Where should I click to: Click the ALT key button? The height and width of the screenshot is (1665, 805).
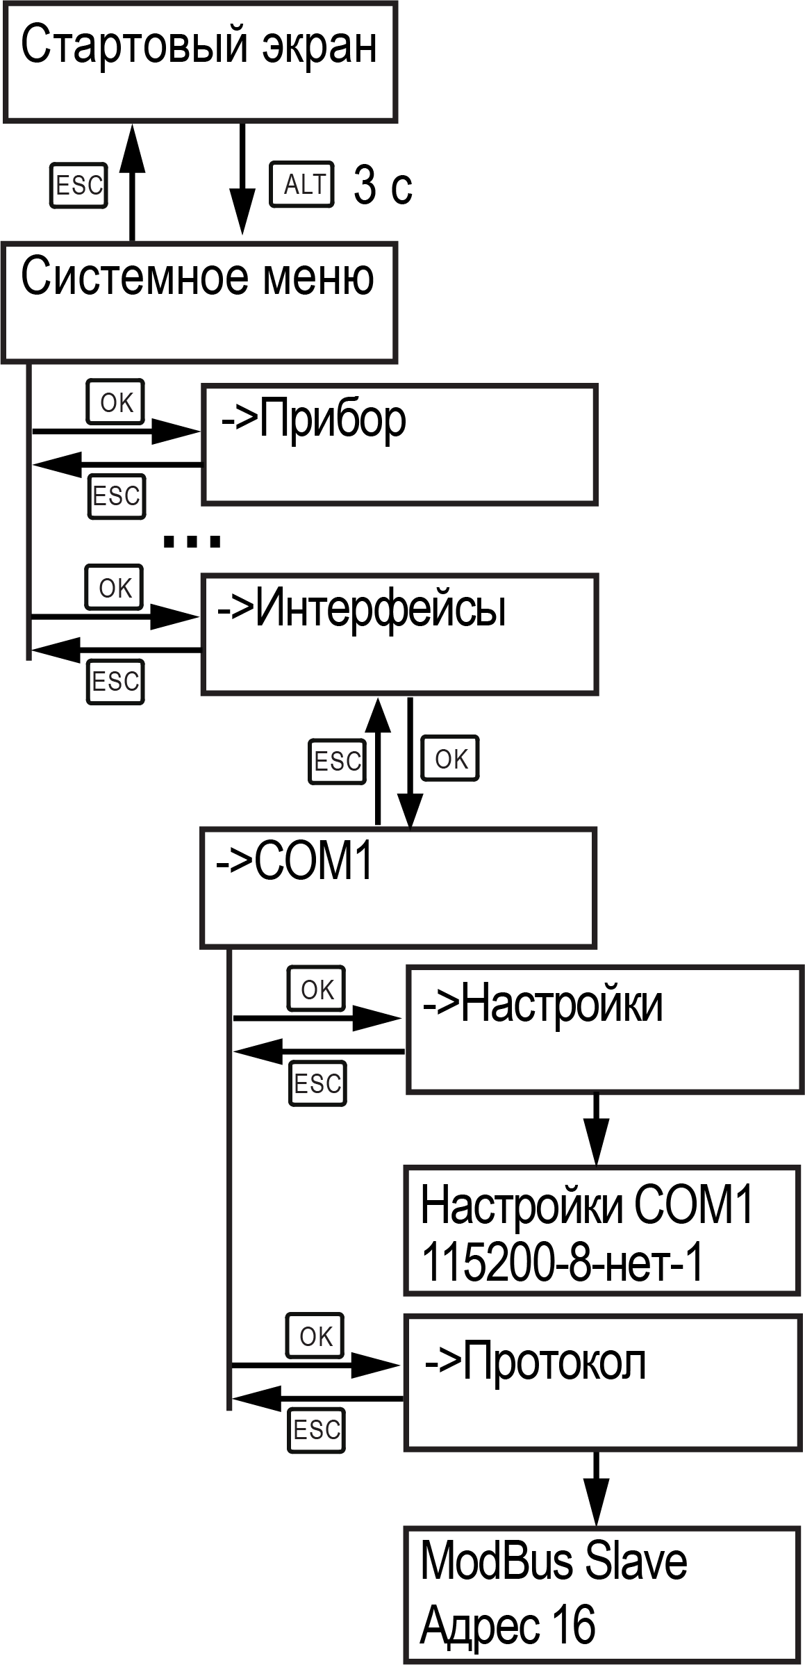tap(301, 185)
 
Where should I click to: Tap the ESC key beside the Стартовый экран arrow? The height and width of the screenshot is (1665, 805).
tap(78, 186)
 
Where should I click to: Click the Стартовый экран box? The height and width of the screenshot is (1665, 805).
tap(200, 62)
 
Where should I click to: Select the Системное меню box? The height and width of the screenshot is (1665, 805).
tap(200, 302)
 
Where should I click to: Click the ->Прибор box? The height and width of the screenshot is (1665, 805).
tap(399, 445)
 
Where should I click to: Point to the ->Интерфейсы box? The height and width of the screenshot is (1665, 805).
tap(399, 634)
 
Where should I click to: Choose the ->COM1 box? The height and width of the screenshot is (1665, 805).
tap(398, 887)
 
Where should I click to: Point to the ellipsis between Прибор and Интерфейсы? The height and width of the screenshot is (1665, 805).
tap(191, 541)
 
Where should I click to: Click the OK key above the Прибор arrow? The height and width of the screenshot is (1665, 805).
tap(115, 402)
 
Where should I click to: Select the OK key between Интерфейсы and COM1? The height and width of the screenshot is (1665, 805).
tap(451, 759)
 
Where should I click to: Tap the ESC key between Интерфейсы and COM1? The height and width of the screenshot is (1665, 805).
tap(337, 761)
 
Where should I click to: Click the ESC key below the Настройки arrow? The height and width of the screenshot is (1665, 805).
tap(317, 1083)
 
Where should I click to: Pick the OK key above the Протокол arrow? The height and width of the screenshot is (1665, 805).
tap(315, 1336)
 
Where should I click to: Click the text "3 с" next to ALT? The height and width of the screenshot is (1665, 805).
tap(383, 186)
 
